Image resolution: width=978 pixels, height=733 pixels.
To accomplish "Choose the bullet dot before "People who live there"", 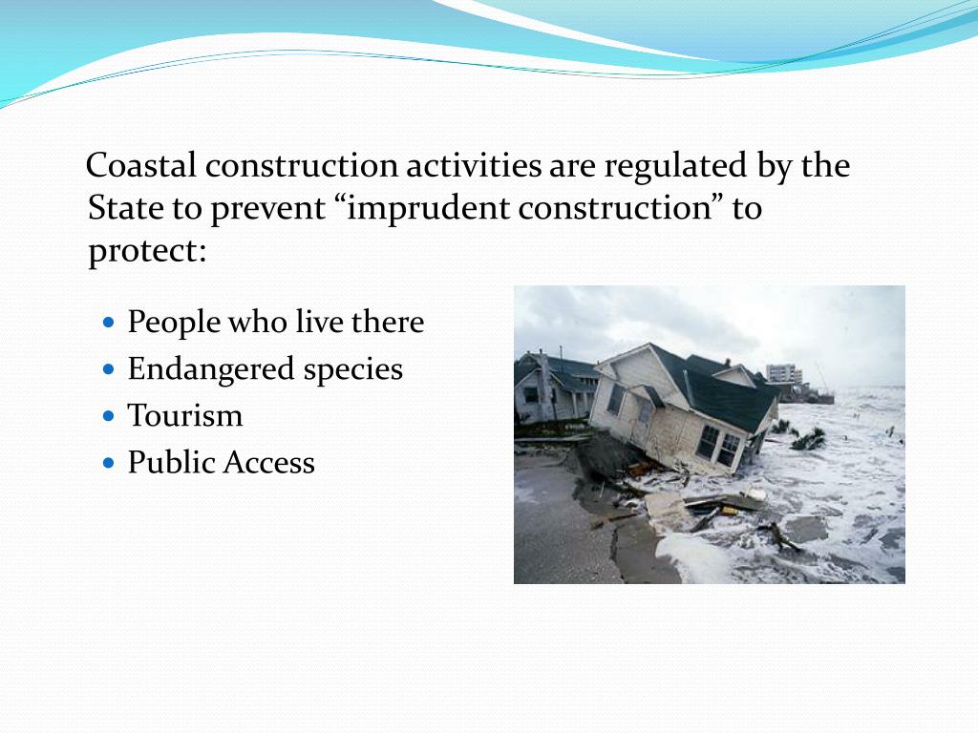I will (x=107, y=323).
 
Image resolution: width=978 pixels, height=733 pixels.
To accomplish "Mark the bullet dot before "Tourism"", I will (x=107, y=416).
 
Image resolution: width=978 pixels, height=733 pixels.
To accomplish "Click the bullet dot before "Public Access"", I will (x=107, y=463).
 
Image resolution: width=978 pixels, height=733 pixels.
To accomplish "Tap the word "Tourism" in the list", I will (x=184, y=416).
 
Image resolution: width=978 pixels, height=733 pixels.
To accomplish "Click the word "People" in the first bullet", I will (x=173, y=323).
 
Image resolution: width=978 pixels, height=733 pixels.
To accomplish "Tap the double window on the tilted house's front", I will (x=719, y=445).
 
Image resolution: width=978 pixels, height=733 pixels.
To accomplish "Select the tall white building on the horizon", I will (x=783, y=374).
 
